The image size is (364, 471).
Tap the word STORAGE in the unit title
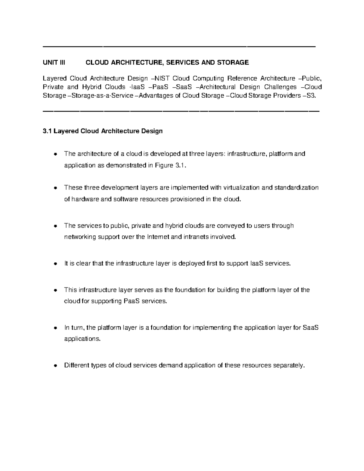click(x=234, y=63)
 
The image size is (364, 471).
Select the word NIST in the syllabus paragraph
click(x=163, y=79)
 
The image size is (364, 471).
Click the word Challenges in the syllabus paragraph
click(x=280, y=87)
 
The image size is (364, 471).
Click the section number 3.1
click(x=47, y=131)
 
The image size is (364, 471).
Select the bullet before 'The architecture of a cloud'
click(x=55, y=154)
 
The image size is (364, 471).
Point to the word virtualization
click(x=241, y=188)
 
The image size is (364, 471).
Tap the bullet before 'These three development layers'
click(x=55, y=188)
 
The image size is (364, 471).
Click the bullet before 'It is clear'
click(x=55, y=264)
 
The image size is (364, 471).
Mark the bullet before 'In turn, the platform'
click(x=55, y=328)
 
